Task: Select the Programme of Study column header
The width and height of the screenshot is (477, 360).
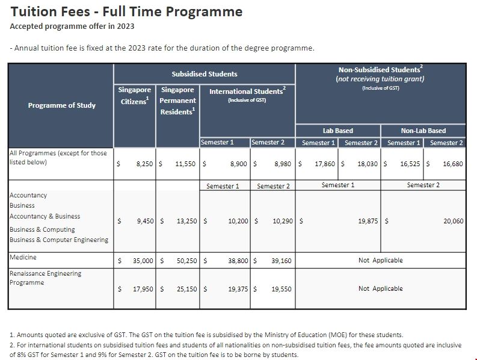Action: (x=61, y=105)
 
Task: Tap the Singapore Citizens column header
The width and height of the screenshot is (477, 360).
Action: (x=134, y=95)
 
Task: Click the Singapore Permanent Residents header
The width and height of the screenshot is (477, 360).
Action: (x=177, y=101)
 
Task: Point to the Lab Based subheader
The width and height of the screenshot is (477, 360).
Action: (x=338, y=131)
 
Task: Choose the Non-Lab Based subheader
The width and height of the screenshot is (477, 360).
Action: (x=423, y=131)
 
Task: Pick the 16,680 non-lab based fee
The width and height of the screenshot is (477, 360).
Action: (x=453, y=164)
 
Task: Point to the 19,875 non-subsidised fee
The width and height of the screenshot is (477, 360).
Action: (x=368, y=221)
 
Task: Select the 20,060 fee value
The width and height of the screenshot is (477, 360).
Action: (x=453, y=221)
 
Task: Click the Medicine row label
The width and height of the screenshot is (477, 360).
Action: (x=23, y=258)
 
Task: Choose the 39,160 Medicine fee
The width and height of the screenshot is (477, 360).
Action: (x=281, y=261)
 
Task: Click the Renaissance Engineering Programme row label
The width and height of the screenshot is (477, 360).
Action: (x=45, y=278)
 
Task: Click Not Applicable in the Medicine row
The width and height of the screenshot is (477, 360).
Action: (x=380, y=261)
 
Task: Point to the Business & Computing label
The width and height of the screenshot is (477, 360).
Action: (x=42, y=229)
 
